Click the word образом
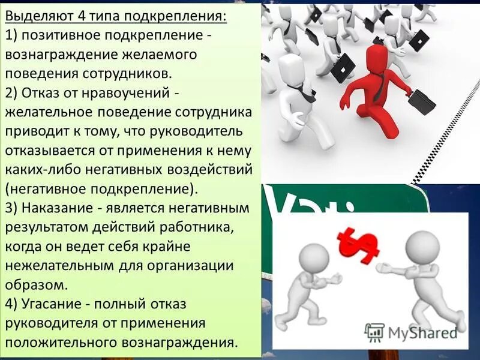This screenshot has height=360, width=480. (x=34, y=284)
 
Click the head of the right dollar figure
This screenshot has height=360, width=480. (x=422, y=246)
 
